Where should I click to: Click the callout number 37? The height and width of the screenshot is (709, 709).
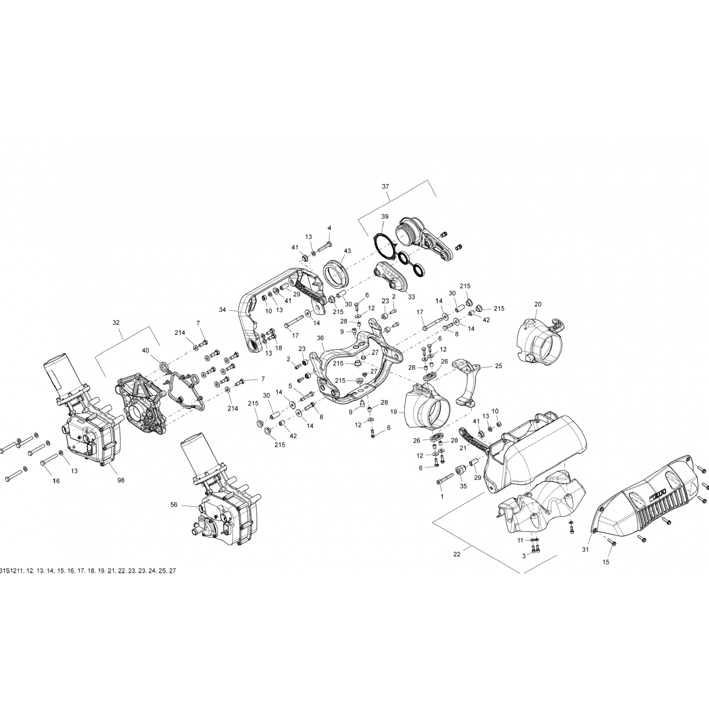pyautogui.click(x=385, y=187)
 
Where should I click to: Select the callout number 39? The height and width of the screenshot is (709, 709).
pyautogui.click(x=385, y=216)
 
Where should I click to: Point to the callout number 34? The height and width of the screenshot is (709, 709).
pyautogui.click(x=223, y=310)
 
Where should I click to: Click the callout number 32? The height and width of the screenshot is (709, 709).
pyautogui.click(x=116, y=322)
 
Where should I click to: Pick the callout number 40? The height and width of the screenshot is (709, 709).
pyautogui.click(x=145, y=351)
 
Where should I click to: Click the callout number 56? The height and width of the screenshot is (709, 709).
pyautogui.click(x=174, y=505)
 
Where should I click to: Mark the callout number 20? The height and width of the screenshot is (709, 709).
pyautogui.click(x=538, y=304)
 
